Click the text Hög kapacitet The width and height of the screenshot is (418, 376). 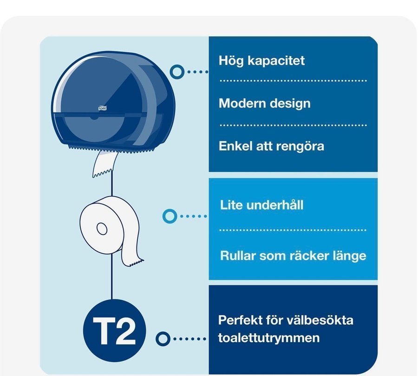[x=261, y=60]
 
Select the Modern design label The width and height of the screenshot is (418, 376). [x=264, y=104]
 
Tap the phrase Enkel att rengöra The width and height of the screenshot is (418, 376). [x=271, y=146]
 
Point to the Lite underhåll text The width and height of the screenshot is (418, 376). [x=261, y=205]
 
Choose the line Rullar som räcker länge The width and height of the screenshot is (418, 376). [x=293, y=256]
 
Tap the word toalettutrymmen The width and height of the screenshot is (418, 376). [x=269, y=337]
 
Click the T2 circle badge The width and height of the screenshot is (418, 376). [x=115, y=330]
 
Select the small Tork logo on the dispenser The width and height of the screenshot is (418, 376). [x=103, y=108]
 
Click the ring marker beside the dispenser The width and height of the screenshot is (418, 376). [x=177, y=72]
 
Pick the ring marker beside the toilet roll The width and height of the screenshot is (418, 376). [x=170, y=216]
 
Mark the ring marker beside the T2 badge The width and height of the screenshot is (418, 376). [x=163, y=339]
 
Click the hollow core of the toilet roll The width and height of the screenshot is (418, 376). [x=102, y=229]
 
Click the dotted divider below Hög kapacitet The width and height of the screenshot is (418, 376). [x=293, y=80]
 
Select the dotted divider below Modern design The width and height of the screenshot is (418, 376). [x=293, y=125]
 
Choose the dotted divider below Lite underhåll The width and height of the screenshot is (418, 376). [x=293, y=230]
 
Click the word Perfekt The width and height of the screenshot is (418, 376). [x=240, y=320]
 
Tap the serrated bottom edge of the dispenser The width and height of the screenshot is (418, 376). [x=112, y=149]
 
